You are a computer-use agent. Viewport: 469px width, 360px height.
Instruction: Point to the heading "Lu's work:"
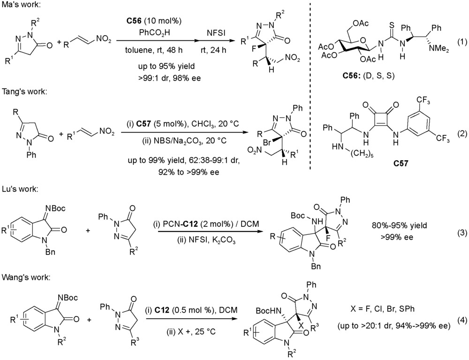click(20, 189)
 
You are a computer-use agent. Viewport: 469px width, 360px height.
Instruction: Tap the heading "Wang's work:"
click(26, 277)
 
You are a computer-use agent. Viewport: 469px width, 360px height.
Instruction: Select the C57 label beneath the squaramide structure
click(401, 163)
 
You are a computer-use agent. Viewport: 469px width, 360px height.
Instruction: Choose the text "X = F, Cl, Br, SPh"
click(383, 308)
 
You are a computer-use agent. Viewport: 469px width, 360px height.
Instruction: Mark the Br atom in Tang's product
click(267, 143)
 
